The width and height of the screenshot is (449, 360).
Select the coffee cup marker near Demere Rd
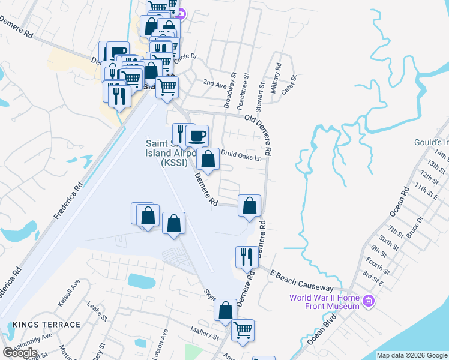[197, 136]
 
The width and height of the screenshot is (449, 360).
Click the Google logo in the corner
[20, 352]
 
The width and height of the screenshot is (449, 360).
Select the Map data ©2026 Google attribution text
[412, 355]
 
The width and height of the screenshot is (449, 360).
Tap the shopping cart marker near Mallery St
[243, 330]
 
